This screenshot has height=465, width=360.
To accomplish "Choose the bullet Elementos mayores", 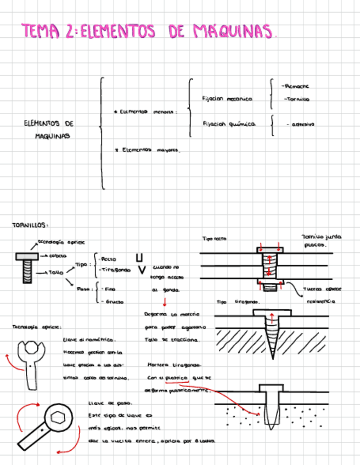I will (x=149, y=149).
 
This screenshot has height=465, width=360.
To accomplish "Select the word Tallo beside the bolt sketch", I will (x=57, y=272).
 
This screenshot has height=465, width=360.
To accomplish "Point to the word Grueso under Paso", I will (x=112, y=301).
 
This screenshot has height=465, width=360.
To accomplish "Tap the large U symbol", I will (x=140, y=257).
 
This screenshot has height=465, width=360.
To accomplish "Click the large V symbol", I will (x=141, y=270).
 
